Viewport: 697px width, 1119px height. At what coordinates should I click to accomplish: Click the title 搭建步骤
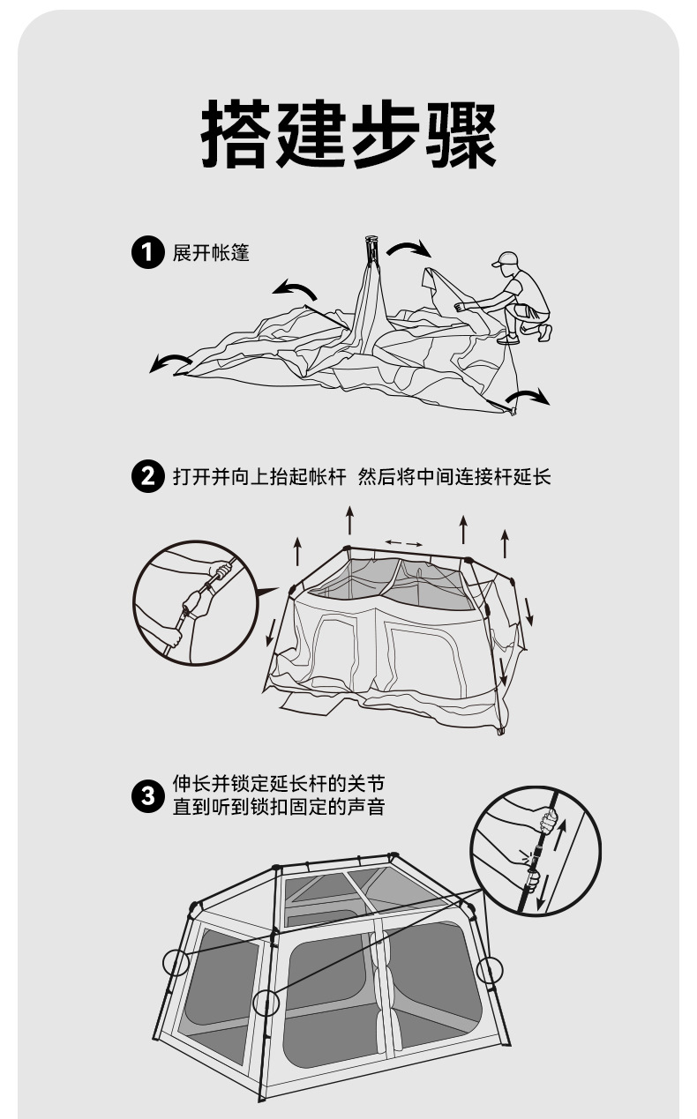pos(348,134)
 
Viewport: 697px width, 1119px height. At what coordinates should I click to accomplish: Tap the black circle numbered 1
pos(148,253)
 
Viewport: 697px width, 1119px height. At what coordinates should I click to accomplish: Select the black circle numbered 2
pos(148,476)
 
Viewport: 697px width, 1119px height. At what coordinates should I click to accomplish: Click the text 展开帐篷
pos(211,253)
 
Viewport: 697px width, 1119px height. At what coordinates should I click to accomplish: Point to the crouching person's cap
pos(506,259)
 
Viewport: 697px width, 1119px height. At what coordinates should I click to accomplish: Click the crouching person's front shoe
pos(508,339)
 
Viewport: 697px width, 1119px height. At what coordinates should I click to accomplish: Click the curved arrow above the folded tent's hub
pos(409,248)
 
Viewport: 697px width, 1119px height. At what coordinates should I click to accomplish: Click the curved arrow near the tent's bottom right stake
pos(528,396)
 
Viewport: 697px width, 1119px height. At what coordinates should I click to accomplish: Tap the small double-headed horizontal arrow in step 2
pos(404,543)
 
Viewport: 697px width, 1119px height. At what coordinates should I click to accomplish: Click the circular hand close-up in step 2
pos(196,603)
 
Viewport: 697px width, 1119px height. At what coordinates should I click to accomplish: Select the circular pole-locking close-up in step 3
pos(536,851)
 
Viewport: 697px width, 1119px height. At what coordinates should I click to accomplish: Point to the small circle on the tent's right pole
pos(490,971)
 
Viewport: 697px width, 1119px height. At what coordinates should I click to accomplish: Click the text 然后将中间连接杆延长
pos(454,476)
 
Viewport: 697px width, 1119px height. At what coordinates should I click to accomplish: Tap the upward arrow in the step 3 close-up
pos(560,835)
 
